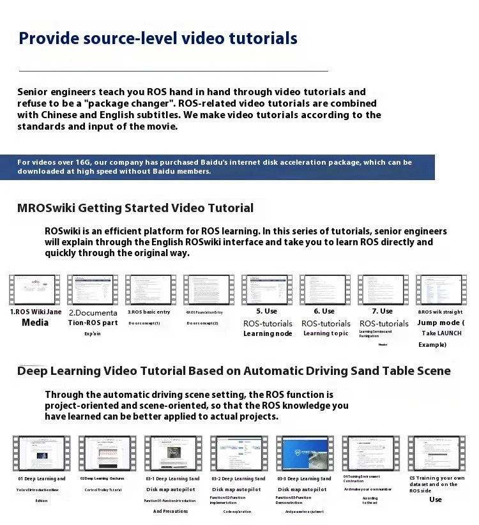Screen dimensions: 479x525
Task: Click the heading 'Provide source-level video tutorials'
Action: (158, 38)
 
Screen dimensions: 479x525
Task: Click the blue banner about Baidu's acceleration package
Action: (217, 167)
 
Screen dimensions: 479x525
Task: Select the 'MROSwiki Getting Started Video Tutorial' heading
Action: (135, 208)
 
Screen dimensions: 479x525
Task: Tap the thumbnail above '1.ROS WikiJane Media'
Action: (35, 290)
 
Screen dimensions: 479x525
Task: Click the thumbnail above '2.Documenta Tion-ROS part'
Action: (93, 290)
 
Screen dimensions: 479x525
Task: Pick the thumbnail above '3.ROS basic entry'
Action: (151, 290)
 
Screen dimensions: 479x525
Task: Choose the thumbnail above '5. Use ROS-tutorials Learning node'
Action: (267, 290)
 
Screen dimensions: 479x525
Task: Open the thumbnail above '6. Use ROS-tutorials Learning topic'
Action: (325, 290)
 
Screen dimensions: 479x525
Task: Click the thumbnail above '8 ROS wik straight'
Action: (441, 290)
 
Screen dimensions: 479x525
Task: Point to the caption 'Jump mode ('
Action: (441, 323)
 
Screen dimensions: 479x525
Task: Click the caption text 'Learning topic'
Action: (326, 333)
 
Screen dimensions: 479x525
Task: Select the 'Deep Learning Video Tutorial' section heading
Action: (234, 371)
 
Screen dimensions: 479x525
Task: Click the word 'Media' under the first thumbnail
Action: (35, 323)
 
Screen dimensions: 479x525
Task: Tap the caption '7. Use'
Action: (383, 311)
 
